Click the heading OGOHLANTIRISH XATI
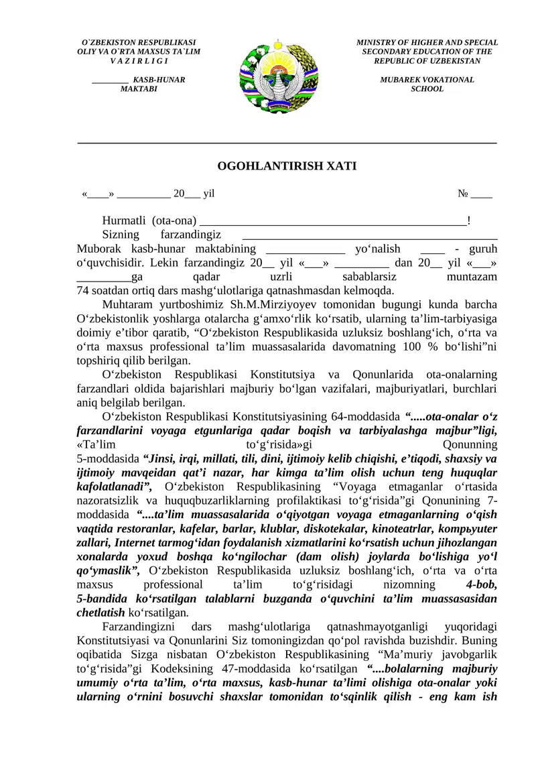287,166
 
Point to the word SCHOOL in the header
427,89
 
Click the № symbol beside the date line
462,194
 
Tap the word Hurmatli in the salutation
125,220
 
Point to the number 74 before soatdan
83,290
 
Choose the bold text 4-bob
481,584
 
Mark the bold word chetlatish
101,613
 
